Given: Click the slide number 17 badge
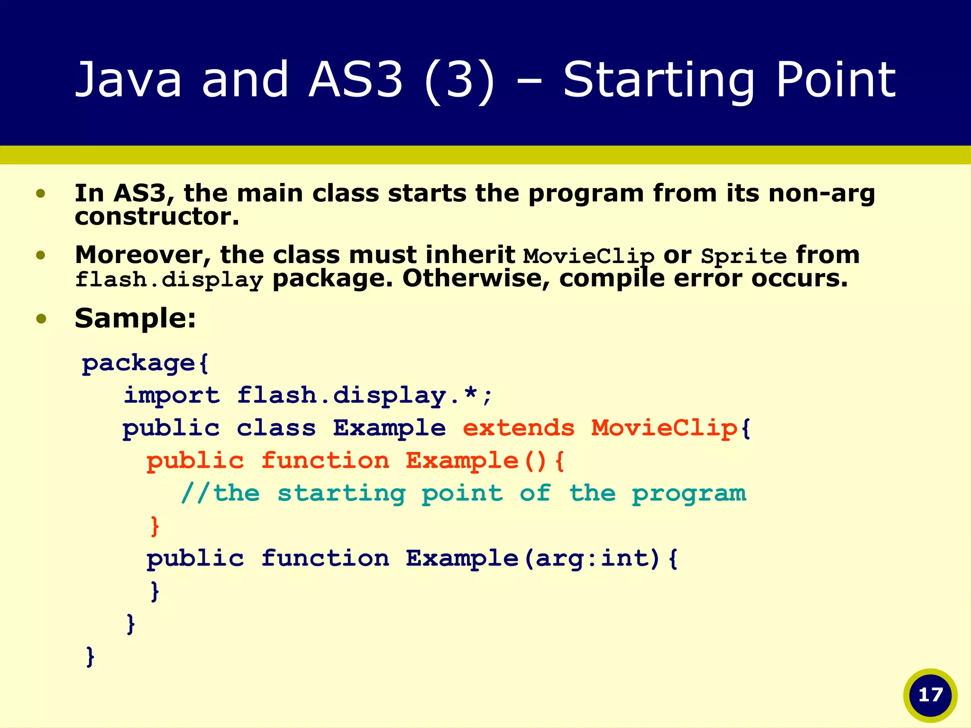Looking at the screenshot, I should point(930,695).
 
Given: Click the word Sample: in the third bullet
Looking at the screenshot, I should point(135,318).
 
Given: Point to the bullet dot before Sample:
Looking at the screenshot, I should point(41,318).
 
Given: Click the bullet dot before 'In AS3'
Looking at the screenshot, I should point(41,193).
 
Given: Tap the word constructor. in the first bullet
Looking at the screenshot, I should point(156,217).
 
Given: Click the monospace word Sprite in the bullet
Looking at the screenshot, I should point(743,257).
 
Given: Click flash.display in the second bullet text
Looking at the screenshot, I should point(169,280).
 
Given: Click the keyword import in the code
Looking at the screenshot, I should point(172,395).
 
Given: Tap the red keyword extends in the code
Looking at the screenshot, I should point(518,428).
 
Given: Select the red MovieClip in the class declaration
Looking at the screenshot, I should point(664,428).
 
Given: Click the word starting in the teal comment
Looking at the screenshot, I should point(341,493).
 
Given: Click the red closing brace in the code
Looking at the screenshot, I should point(155,526).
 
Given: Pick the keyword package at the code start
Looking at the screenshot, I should point(138,364).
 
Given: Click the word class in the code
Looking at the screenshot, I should point(276,428).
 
